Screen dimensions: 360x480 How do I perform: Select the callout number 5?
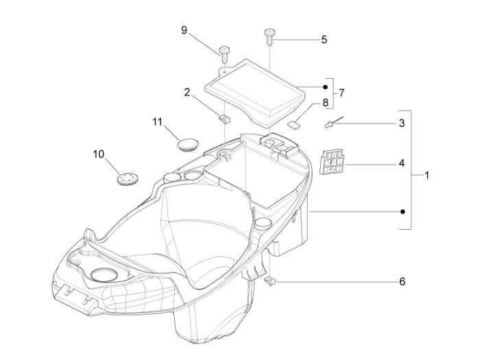coord(324,40)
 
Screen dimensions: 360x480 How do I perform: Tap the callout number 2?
coord(187,92)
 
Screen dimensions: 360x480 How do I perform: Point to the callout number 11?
coord(157,122)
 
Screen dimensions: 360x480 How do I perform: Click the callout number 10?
coord(99,154)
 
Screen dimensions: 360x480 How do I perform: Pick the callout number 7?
coord(341,93)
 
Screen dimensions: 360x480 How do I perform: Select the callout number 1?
coord(427,176)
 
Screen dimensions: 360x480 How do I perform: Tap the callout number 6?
coord(403,281)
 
